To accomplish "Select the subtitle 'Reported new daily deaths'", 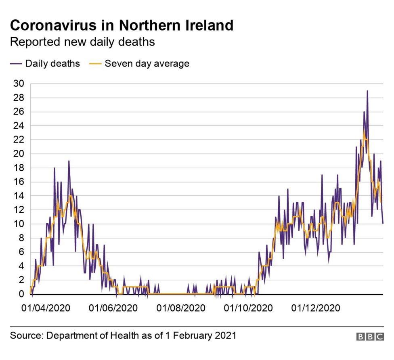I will click(x=82, y=42).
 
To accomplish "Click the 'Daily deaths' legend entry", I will click(x=52, y=63).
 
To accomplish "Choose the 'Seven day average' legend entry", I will click(x=147, y=63).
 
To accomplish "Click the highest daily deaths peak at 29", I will click(x=367, y=91).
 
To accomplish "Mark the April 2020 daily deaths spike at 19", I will click(x=69, y=161).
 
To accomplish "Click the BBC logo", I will click(x=370, y=337).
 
